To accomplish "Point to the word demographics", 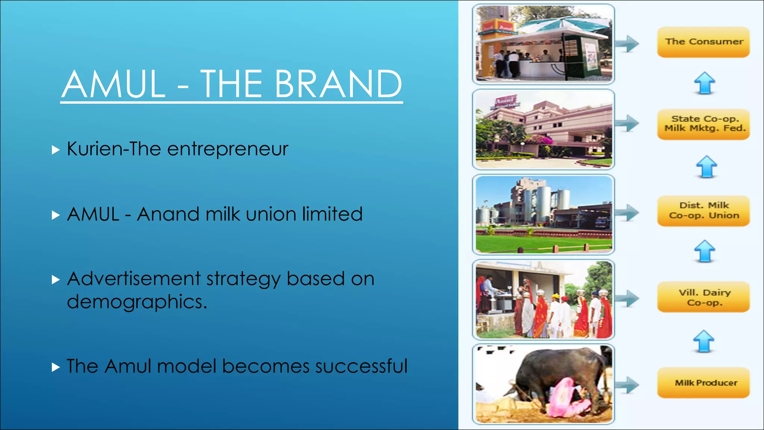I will (x=137, y=302).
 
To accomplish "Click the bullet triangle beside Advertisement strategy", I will (x=56, y=280).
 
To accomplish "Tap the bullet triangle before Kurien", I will (x=56, y=150).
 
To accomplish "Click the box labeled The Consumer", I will (x=703, y=42).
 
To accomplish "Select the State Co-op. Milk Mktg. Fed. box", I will (x=703, y=124).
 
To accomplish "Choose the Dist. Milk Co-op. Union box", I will (x=703, y=211).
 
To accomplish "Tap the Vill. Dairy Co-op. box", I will (x=703, y=297).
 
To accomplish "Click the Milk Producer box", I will (x=703, y=383).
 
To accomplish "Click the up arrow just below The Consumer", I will (x=704, y=83).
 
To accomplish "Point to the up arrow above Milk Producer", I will (x=704, y=341).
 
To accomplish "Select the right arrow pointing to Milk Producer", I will (x=627, y=385).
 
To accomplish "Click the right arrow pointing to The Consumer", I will (x=627, y=44).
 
